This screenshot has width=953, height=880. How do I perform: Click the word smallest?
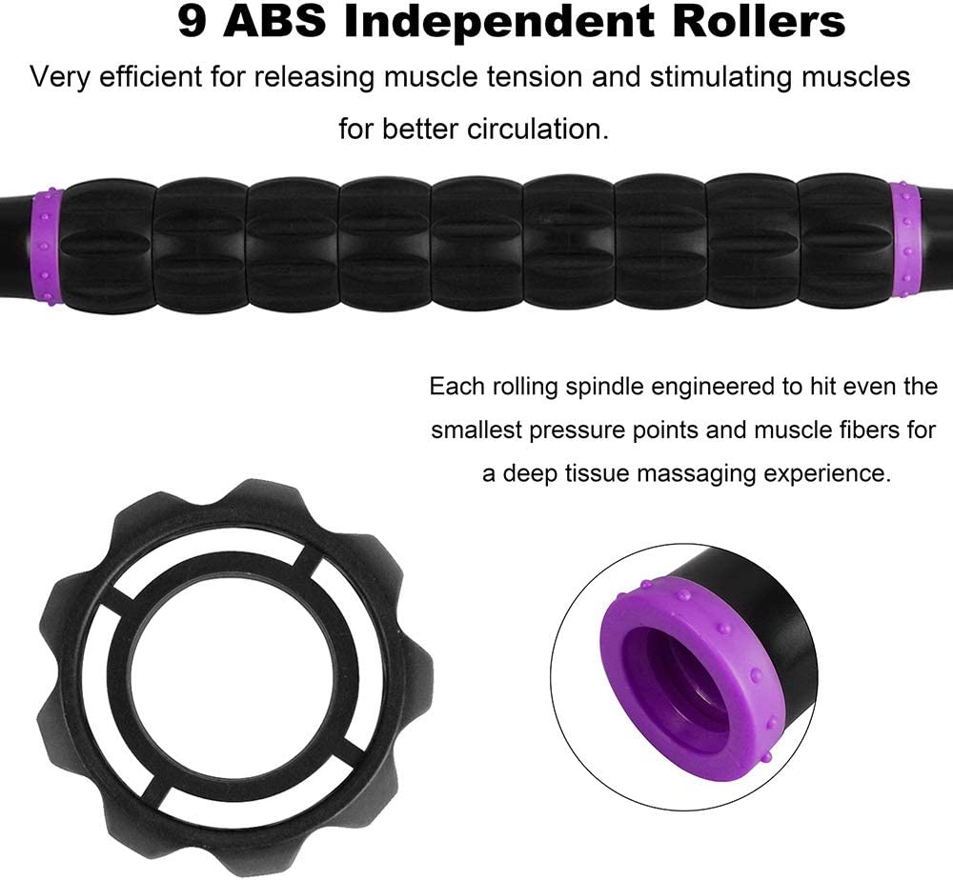click(476, 430)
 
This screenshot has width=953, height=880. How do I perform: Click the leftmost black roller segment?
click(110, 247)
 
